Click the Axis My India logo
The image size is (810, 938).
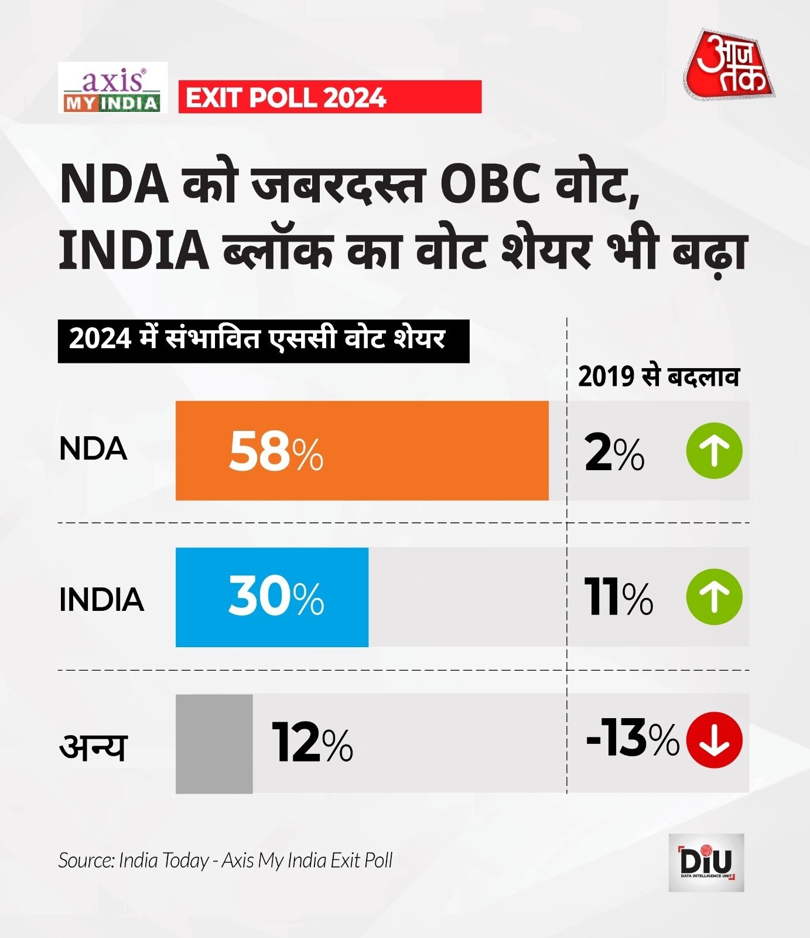[112, 88]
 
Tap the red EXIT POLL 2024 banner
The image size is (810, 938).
[329, 97]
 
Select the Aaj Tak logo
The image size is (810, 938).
[730, 64]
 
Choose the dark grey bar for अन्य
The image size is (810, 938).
[214, 743]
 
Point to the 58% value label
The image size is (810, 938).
[275, 451]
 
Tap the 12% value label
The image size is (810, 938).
[312, 743]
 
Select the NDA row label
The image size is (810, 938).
[93, 449]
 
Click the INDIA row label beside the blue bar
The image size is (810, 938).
[101, 599]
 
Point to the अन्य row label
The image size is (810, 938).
[93, 746]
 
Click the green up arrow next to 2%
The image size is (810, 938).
[714, 451]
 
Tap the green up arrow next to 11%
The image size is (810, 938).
[714, 597]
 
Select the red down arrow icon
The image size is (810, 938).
[714, 740]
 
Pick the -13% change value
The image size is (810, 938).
[632, 740]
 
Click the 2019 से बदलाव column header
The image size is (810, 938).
[658, 376]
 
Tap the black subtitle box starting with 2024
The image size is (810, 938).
[263, 341]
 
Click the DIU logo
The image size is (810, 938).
[706, 862]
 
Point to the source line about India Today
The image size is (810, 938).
[225, 861]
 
